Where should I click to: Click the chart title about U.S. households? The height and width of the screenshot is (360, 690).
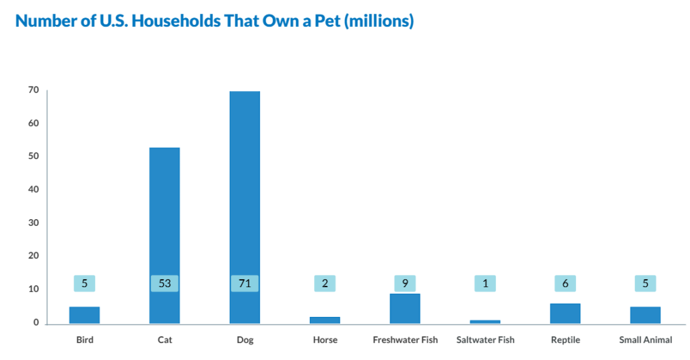point(214,21)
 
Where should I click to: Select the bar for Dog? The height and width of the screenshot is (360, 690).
point(245,202)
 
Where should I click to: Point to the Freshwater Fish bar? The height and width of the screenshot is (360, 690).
point(405,309)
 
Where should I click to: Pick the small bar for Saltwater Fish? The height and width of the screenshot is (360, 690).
point(485,322)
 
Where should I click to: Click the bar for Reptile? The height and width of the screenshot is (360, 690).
point(565,313)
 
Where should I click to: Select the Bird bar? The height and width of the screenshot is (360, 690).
point(84,315)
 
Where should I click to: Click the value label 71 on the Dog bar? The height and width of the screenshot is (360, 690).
point(245,284)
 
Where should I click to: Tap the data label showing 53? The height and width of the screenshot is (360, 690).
point(164,284)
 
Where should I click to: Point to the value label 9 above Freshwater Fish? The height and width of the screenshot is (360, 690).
point(405,284)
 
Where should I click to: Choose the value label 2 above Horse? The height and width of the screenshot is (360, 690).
point(325,284)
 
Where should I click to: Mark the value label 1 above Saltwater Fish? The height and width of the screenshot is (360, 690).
point(485,284)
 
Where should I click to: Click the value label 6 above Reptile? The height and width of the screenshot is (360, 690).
point(565,284)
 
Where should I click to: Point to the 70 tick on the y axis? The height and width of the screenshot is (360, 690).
point(33,90)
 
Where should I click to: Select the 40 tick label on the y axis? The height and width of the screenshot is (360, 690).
point(33,189)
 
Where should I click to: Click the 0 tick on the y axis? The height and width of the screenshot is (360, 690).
point(36,322)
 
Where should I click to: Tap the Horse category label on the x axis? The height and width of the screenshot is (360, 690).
point(325,340)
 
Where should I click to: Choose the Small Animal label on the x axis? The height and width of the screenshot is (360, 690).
point(646,340)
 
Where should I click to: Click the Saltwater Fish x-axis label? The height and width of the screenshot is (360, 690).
point(485,340)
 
